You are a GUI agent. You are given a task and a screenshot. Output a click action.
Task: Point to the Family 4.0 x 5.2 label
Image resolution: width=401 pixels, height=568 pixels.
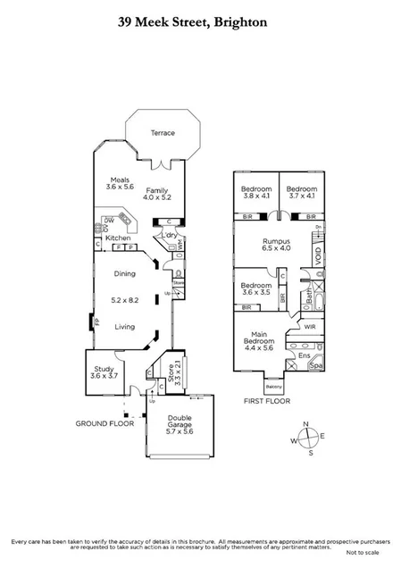pos(158,194)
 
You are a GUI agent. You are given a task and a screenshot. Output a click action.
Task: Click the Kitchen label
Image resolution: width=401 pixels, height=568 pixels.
pos(119,238)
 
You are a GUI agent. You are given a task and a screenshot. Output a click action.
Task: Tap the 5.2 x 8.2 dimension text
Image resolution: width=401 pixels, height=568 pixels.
pos(125,300)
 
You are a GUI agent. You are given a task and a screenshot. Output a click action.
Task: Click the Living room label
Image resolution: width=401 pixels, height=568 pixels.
pos(125,327)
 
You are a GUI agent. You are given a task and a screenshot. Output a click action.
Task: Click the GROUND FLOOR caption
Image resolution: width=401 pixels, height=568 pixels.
pos(104,423)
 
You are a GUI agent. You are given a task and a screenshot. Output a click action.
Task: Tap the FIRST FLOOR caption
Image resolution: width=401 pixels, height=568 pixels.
pos(265,402)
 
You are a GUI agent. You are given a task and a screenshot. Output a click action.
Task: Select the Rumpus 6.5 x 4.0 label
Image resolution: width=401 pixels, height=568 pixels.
pos(276,245)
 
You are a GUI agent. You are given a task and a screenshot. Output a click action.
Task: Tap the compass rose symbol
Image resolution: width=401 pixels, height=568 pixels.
pos(306,439)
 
